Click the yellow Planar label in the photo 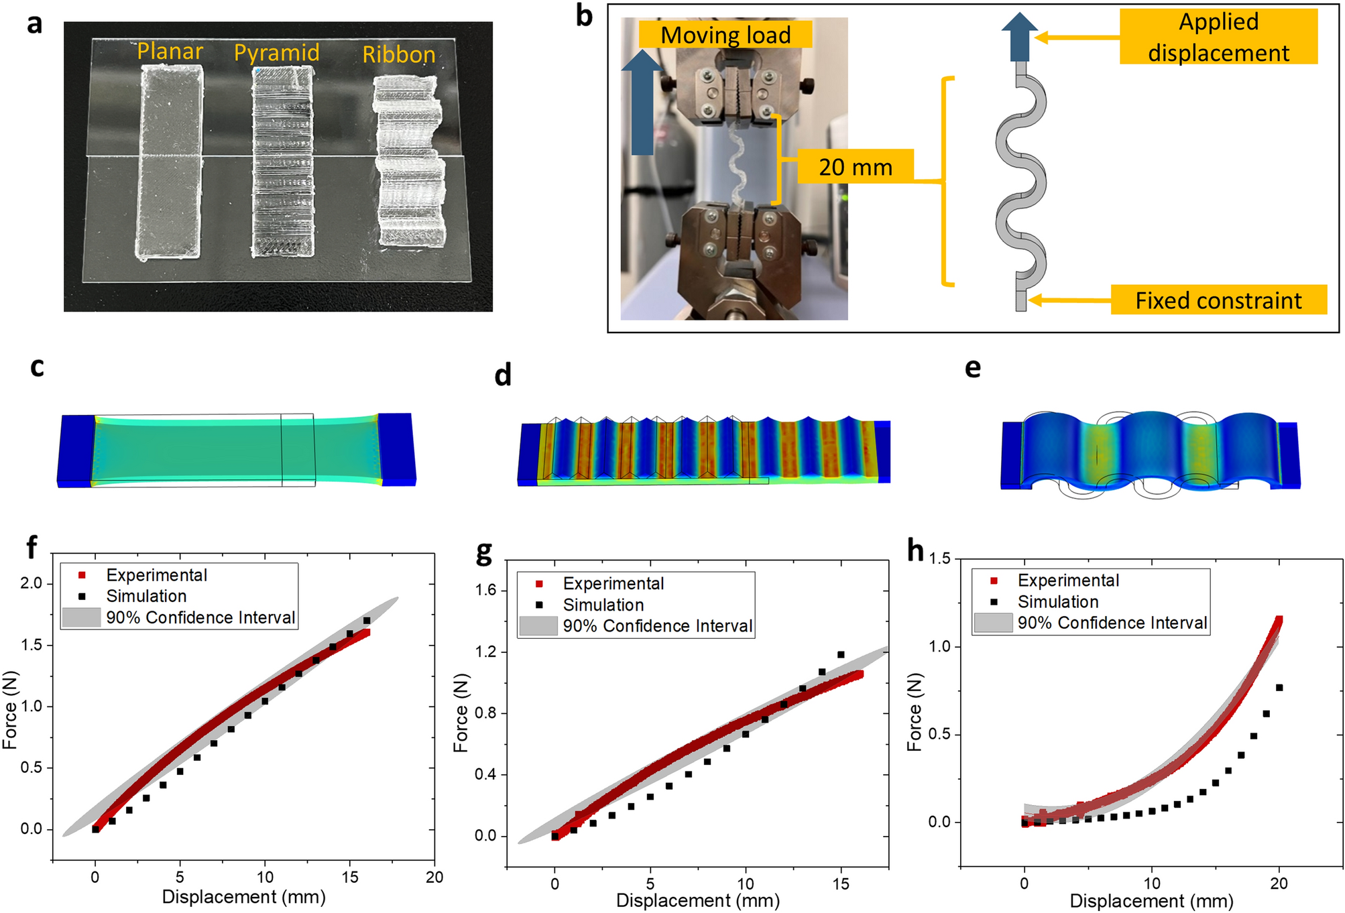point(170,51)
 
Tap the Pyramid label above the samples point(276,53)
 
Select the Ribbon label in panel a point(399,55)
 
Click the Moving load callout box point(725,35)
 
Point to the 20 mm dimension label point(856,167)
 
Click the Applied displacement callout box point(1218,37)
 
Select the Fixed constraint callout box point(1218,300)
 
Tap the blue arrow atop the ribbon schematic point(1019,38)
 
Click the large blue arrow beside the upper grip point(642,104)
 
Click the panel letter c point(38,367)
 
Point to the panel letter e point(972,367)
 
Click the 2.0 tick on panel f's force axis point(32,583)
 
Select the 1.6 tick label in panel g point(486,591)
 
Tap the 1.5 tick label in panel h point(940,559)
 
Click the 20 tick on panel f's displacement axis point(434,877)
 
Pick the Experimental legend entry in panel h point(1068,581)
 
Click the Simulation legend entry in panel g point(603,605)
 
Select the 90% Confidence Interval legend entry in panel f point(200,617)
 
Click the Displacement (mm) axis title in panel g point(698,901)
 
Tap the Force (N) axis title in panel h point(915,712)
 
